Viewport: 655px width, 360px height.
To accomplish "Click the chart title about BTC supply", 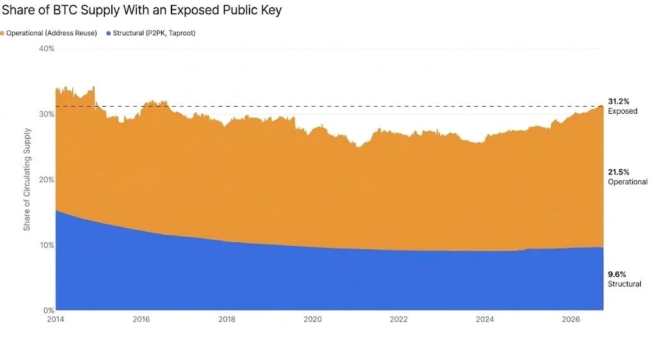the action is coord(141,10).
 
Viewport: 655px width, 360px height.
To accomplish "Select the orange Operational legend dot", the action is coord(2,33).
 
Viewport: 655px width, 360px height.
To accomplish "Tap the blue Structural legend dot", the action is coord(109,33).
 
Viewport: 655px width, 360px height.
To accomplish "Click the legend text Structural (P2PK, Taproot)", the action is coord(154,33).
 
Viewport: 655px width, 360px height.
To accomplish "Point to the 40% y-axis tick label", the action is coord(46,49).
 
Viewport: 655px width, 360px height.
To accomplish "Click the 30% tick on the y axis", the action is coord(46,114).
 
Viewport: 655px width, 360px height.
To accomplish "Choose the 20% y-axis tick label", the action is coord(46,180).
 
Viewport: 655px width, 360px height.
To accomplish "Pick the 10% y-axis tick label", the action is coord(47,245).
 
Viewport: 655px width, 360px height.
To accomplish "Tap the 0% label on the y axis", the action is coord(49,310).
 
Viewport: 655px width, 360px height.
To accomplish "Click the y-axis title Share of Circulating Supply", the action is coord(27,179).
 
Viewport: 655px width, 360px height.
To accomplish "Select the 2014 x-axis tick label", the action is coord(56,320).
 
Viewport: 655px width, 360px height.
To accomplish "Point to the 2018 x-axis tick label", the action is coord(227,320).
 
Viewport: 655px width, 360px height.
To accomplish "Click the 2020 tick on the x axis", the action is coord(313,320).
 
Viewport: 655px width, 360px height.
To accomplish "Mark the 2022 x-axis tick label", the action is coord(399,320).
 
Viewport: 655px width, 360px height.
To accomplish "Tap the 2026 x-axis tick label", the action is coord(571,320).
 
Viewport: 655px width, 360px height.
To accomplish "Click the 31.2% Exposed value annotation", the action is coord(622,107).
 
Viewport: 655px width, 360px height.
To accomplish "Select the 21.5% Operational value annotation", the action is coord(627,177).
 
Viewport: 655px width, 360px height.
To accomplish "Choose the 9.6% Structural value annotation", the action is coord(624,279).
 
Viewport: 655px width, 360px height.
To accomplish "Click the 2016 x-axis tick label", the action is coord(141,320).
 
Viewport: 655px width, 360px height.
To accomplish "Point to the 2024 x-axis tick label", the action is coord(485,320).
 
